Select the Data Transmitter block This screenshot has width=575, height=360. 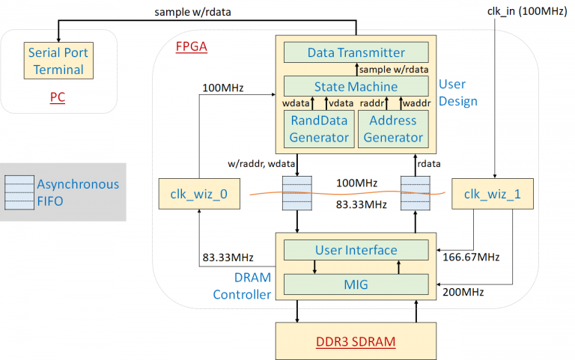pos(356,52)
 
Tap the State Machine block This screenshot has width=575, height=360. pos(356,86)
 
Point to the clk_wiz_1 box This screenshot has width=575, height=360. pos(492,195)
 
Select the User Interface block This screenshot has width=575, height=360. pos(356,250)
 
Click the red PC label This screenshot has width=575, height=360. pos(58,98)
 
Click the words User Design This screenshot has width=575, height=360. pos(457,92)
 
